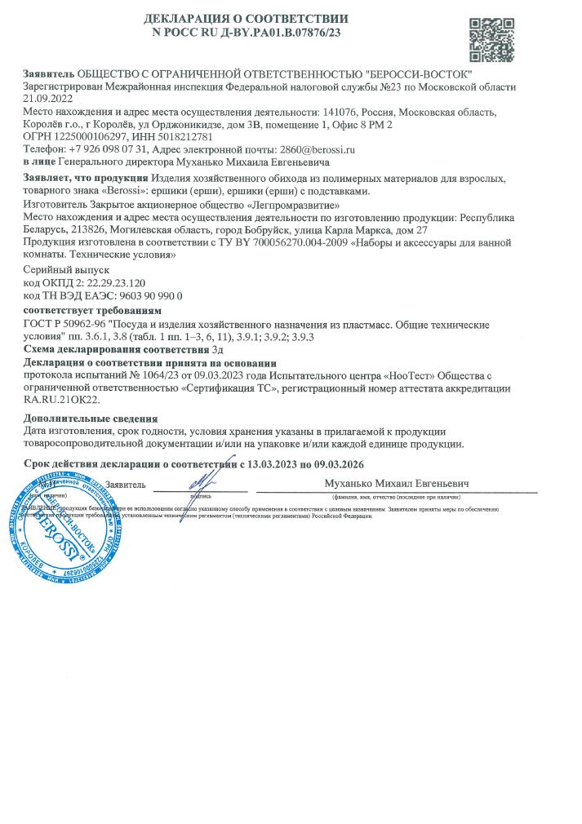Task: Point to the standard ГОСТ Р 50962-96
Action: pyautogui.click(x=65, y=324)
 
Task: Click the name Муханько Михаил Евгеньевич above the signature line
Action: pyautogui.click(x=397, y=483)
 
